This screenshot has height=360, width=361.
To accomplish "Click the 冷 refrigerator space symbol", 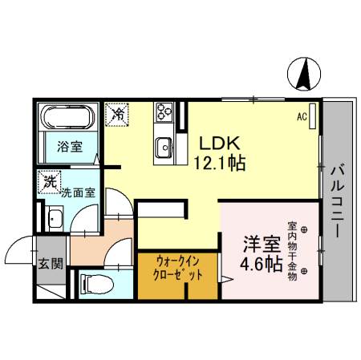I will (x=117, y=115).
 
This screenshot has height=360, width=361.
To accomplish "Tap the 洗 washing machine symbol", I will (x=50, y=183).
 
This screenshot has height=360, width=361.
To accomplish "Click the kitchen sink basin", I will (x=164, y=147).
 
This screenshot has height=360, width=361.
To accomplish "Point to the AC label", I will (x=302, y=117).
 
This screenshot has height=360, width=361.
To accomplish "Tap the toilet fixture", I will (x=90, y=282).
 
